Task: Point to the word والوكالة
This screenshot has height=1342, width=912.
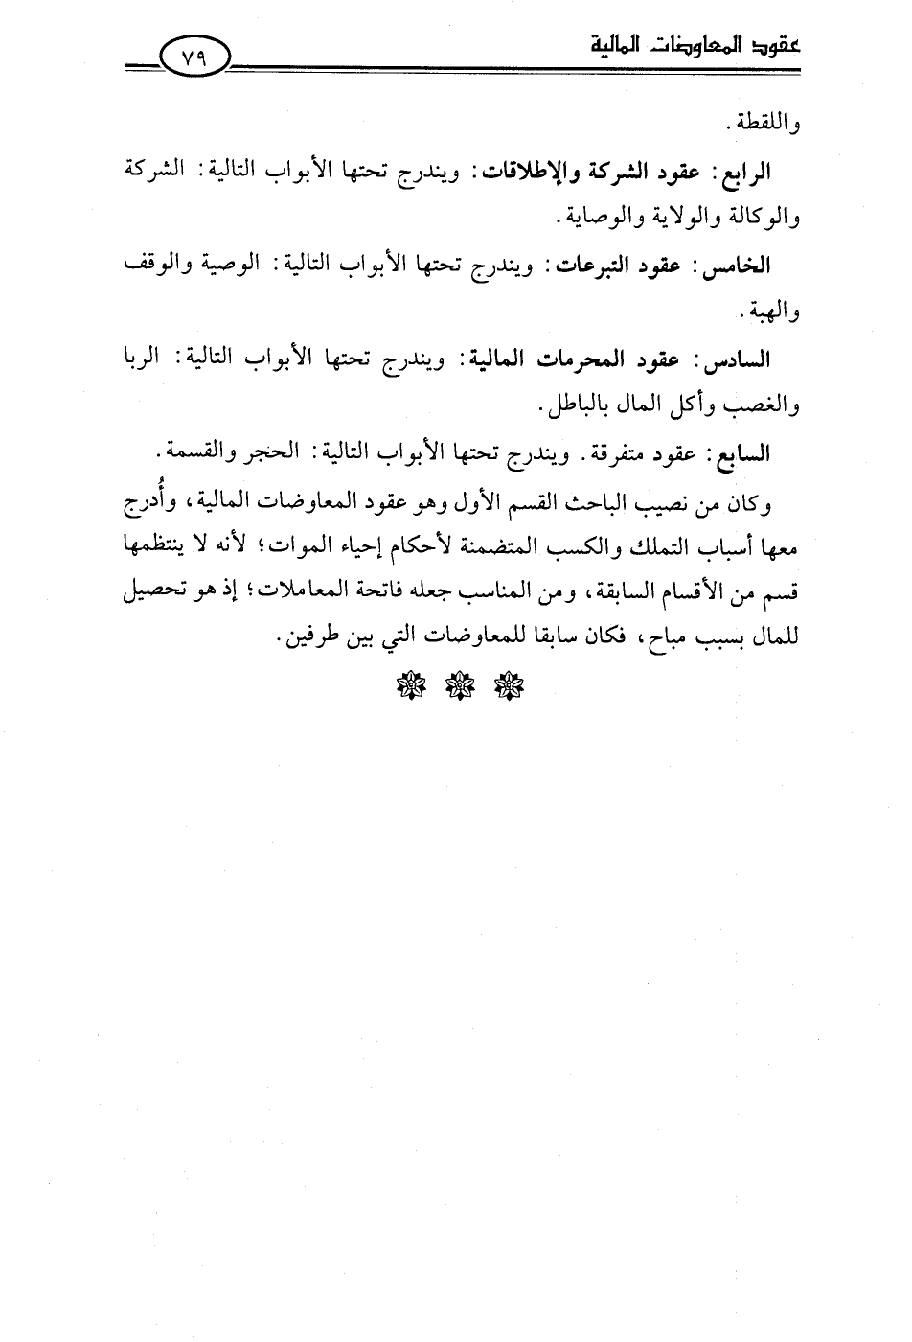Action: click(761, 220)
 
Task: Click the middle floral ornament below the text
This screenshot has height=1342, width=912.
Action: click(456, 686)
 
